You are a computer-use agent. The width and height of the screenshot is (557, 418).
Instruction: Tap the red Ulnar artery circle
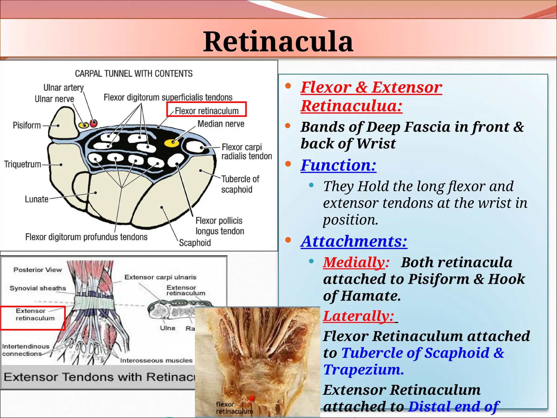click(x=94, y=124)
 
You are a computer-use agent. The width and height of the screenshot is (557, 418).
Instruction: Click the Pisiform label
click(x=27, y=125)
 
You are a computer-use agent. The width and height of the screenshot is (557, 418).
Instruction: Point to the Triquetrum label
click(x=23, y=164)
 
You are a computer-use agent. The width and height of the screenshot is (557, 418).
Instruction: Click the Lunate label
click(x=36, y=199)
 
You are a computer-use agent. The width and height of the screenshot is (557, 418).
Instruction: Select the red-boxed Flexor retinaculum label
click(x=206, y=111)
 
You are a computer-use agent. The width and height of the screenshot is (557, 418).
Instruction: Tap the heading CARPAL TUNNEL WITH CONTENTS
click(x=134, y=73)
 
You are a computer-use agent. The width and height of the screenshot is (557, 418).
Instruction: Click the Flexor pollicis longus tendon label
click(x=219, y=226)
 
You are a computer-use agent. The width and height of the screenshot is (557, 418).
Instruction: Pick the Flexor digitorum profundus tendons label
click(x=86, y=237)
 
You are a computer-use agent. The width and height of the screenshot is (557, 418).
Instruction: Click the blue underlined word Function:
click(x=338, y=165)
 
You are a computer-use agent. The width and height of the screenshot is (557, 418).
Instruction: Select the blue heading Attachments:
click(x=354, y=241)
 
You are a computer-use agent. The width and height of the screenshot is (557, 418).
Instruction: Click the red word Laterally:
click(x=358, y=316)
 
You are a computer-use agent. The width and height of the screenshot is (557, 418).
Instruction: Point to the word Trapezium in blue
click(x=363, y=370)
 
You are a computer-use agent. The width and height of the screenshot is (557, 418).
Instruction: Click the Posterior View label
click(x=38, y=270)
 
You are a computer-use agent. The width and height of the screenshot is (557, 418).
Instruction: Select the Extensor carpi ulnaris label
click(x=160, y=277)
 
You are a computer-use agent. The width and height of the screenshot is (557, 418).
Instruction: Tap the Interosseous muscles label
click(x=156, y=360)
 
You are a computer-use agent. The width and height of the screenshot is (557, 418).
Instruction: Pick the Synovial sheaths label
click(x=38, y=288)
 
